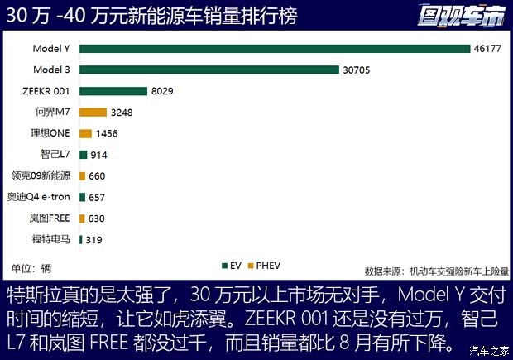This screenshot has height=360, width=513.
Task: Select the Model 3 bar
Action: [x=209, y=70]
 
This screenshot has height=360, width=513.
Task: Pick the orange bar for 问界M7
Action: [x=93, y=113]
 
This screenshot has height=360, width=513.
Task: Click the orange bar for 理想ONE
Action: [x=85, y=133]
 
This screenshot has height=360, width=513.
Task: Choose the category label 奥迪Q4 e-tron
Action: [x=41, y=197]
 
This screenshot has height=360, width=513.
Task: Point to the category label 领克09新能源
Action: [x=41, y=175]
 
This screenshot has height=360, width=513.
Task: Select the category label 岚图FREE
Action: [x=51, y=218]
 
